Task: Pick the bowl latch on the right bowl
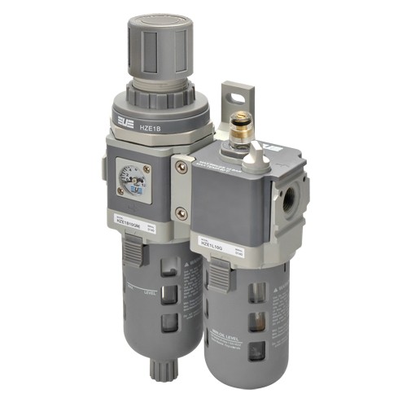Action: pos(218,278)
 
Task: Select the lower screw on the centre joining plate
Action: pos(181,213)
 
